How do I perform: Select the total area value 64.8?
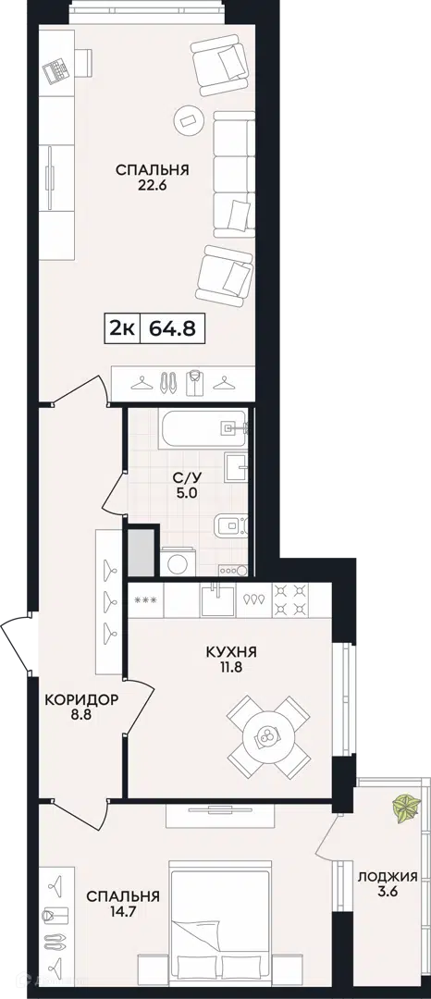[x=172, y=328]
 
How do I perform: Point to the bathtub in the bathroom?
[x=203, y=431]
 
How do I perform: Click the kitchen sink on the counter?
[x=217, y=599]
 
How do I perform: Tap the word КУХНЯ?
[x=231, y=652]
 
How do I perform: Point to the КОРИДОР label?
[x=82, y=699]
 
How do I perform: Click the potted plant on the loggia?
[x=405, y=807]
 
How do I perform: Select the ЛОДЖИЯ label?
[x=388, y=877]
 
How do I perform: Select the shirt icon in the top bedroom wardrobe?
[x=194, y=382]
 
